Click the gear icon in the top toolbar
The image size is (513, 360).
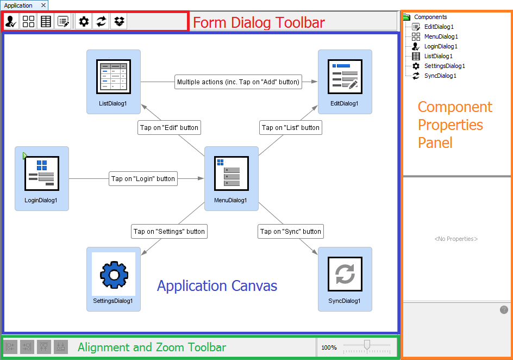84,22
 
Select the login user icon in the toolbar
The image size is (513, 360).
11,22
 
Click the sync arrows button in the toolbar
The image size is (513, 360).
101,22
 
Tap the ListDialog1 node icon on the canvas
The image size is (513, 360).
114,77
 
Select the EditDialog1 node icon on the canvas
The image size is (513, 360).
345,77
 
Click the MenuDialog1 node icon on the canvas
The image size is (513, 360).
232,173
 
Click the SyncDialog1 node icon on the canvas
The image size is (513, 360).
345,274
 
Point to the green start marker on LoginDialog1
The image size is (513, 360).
25,156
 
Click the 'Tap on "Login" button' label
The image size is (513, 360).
143,179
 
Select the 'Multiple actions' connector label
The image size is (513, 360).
238,82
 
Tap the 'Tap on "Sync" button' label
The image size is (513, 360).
291,231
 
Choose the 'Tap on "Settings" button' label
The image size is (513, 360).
169,231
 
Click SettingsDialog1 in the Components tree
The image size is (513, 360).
445,66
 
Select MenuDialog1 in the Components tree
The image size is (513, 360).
441,36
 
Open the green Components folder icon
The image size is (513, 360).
406,17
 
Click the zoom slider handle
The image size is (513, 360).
367,345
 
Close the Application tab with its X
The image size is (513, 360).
43,5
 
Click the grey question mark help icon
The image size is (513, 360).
504,309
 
